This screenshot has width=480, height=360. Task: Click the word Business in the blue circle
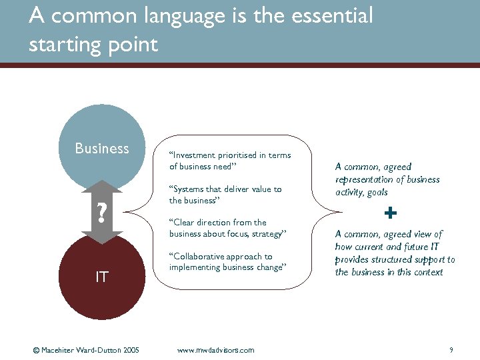pos(102,148)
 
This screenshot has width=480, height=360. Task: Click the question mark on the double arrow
pos(101,213)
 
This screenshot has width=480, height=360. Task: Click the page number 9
pos(451,350)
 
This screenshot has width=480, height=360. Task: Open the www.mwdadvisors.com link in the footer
pos(215,350)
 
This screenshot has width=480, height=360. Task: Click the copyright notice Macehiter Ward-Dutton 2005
pos(86,350)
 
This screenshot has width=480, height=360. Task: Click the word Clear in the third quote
pos(184,223)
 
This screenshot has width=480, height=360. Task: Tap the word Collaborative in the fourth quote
pos(199,257)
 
